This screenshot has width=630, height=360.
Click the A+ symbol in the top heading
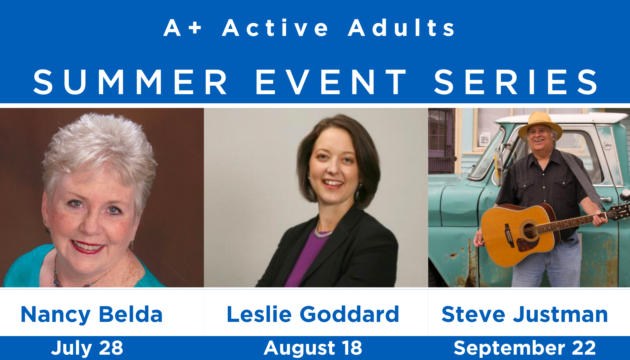[x=182, y=28]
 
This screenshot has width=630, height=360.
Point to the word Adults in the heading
[x=401, y=28]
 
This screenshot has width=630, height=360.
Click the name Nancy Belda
[x=92, y=315]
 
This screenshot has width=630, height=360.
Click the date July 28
[x=87, y=348]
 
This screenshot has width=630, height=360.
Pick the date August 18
[x=313, y=348]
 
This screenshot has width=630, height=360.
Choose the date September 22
[x=525, y=348]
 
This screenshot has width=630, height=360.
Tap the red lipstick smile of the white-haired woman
[x=88, y=246]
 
